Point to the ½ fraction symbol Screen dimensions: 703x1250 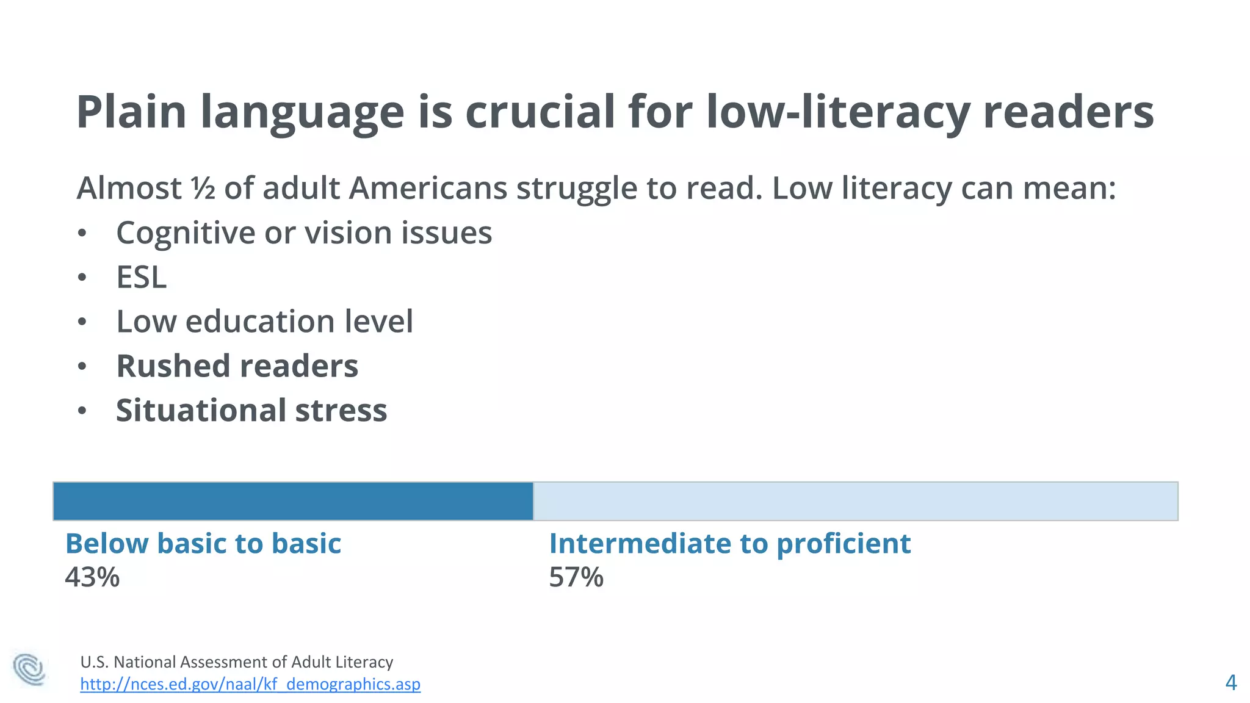point(203,188)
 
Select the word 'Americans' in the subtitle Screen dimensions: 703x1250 point(428,188)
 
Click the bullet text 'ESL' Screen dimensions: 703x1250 point(141,277)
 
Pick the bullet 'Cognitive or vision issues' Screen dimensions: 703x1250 point(304,233)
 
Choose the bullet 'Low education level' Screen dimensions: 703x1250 point(264,322)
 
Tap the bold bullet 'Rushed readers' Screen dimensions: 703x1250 point(237,366)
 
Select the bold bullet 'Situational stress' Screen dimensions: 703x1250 point(251,410)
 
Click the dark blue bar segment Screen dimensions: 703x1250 point(293,501)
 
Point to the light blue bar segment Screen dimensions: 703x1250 point(854,501)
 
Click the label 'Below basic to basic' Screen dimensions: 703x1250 point(203,543)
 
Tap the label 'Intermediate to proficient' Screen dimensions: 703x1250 point(729,543)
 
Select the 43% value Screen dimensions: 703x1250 point(92,577)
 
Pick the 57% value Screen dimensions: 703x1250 point(576,577)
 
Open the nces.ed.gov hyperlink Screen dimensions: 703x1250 point(250,684)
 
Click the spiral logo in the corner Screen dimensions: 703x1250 point(29,669)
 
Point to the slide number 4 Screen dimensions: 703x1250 point(1231,682)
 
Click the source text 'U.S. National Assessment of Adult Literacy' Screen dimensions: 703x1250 point(237,662)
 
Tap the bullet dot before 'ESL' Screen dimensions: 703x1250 point(82,278)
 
